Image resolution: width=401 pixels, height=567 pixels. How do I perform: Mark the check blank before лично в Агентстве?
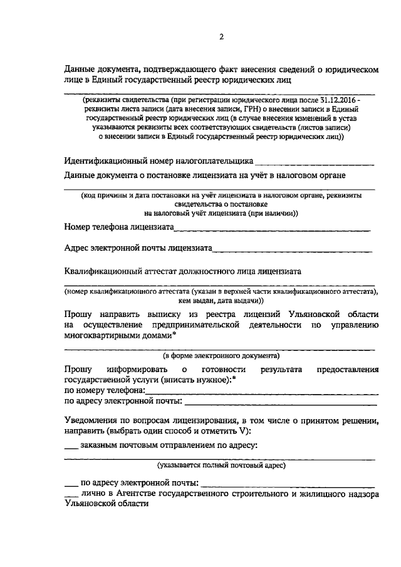(x=72, y=495)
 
